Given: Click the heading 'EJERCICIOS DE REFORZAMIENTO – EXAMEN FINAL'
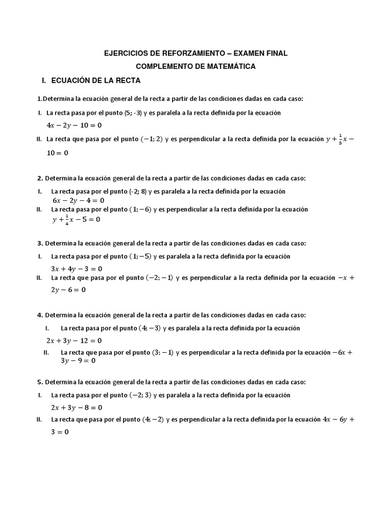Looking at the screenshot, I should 196,53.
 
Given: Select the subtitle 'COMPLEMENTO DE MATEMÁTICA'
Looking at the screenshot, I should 196,66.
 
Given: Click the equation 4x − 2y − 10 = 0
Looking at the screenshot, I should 74,125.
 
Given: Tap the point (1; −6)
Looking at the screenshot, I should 140,210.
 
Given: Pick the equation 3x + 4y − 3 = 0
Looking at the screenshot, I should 77,269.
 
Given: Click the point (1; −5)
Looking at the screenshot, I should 140,256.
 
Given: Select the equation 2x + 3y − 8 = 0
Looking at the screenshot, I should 77,407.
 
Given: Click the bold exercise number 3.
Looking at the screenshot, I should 40,244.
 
